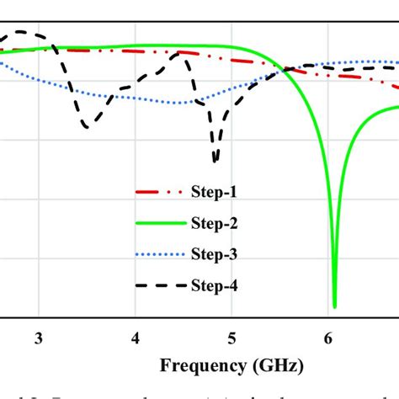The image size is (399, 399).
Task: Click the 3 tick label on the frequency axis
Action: pyautogui.click(x=39, y=338)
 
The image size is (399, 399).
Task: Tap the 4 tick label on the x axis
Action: pyautogui.click(x=136, y=338)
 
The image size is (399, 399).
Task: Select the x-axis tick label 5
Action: pyautogui.click(x=232, y=338)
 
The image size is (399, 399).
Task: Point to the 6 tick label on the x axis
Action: pyautogui.click(x=329, y=338)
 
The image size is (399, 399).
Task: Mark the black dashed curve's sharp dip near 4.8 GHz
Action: pyautogui.click(x=216, y=161)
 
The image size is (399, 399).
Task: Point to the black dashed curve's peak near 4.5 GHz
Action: pyautogui.click(x=179, y=53)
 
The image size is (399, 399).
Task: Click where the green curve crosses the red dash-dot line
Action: pyautogui.click(x=285, y=68)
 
